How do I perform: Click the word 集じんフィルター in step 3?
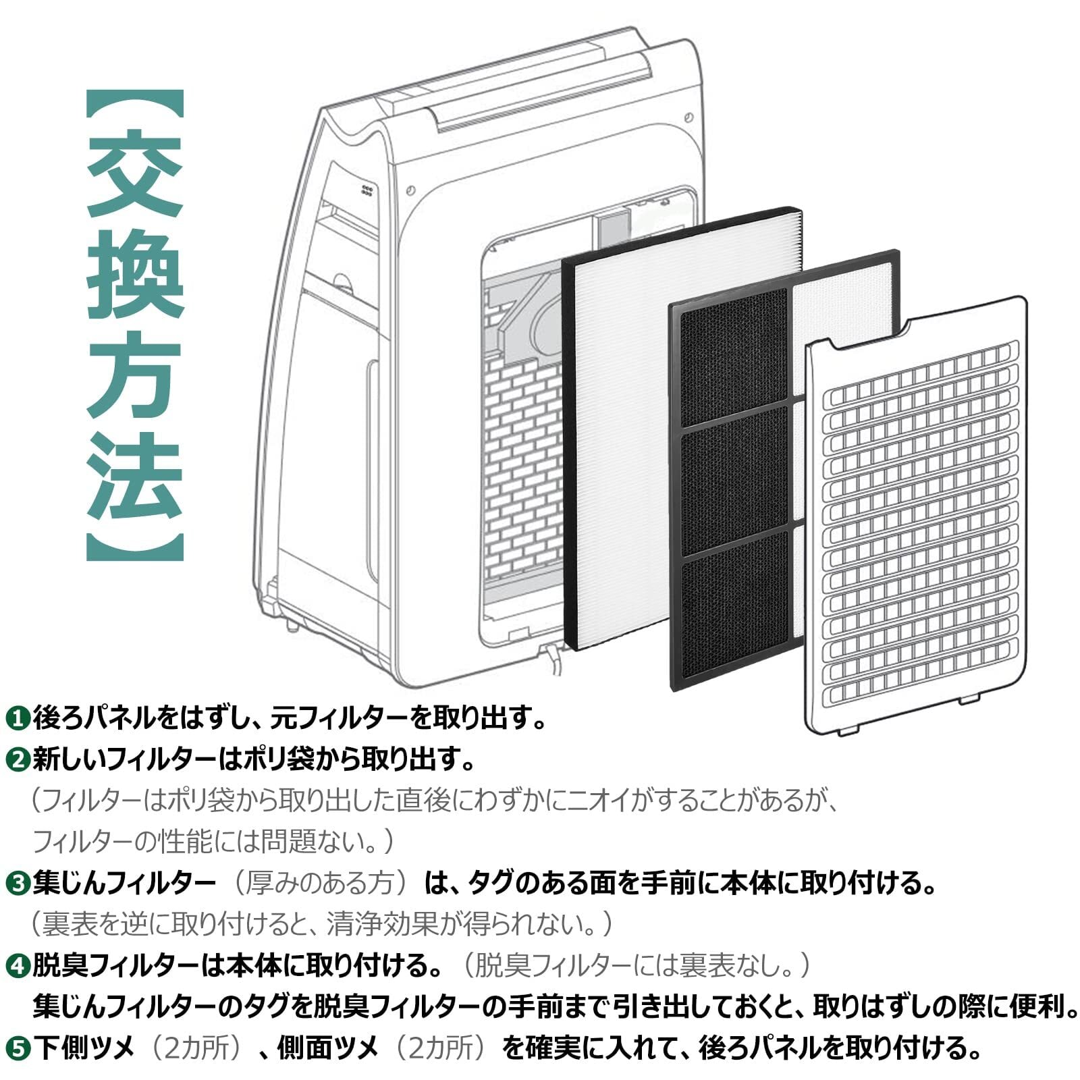(124, 884)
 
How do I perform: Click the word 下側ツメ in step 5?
(84, 1049)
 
